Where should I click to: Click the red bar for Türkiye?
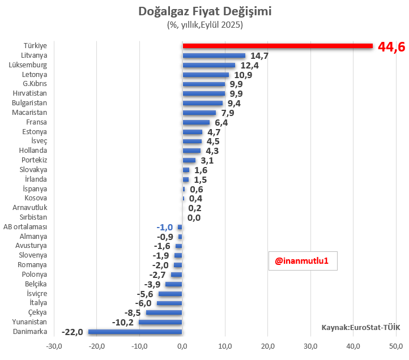click(x=278, y=46)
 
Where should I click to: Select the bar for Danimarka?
click(x=135, y=332)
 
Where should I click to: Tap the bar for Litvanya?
click(x=214, y=55)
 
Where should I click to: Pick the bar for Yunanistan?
click(x=161, y=322)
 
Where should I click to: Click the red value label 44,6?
click(x=391, y=47)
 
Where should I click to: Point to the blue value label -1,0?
click(x=164, y=227)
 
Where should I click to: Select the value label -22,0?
click(x=73, y=332)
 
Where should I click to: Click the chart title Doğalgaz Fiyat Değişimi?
click(x=204, y=11)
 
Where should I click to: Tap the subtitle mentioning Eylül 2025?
click(x=204, y=25)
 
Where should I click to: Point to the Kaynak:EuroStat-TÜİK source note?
click(x=361, y=327)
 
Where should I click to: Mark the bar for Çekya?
click(x=164, y=312)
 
